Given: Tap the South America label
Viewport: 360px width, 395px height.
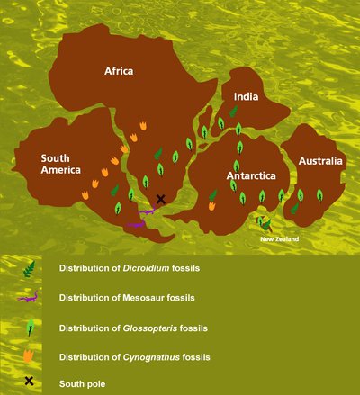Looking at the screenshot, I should (x=60, y=164).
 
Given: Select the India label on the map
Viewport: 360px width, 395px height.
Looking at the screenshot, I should (x=247, y=95).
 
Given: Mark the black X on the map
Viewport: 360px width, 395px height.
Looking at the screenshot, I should (x=160, y=199).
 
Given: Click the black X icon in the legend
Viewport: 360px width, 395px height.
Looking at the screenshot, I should (x=29, y=382).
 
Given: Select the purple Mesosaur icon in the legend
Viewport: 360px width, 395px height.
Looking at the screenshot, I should (x=30, y=296).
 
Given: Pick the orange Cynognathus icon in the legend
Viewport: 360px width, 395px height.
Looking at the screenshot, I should (x=30, y=354).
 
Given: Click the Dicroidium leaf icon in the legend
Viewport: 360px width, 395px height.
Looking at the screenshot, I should (x=30, y=267).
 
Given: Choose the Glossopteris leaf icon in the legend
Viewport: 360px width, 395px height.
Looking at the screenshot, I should (x=30, y=325).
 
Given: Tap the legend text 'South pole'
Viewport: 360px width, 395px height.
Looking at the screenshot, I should (x=83, y=384).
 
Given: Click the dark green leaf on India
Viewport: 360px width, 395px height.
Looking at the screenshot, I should (x=233, y=112).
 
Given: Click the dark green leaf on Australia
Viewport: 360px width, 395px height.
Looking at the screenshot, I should (x=294, y=208).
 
